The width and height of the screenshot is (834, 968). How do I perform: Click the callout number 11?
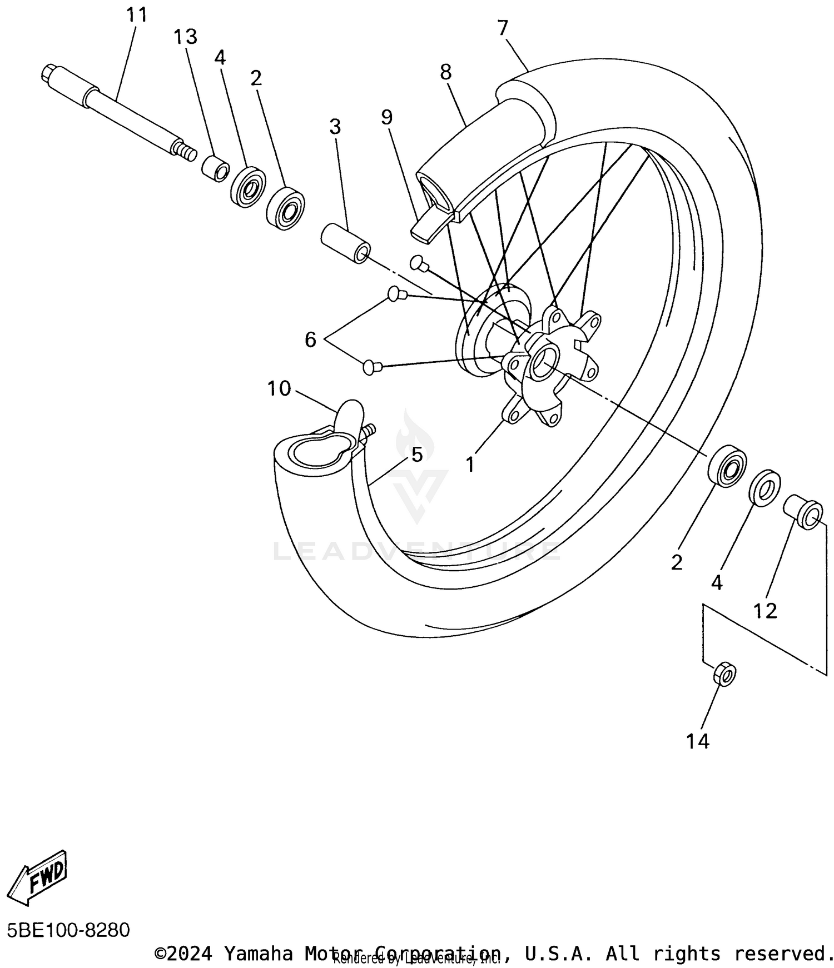click(136, 15)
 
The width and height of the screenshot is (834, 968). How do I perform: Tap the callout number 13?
click(185, 37)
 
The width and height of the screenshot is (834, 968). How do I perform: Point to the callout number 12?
click(765, 611)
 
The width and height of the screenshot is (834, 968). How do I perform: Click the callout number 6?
click(310, 339)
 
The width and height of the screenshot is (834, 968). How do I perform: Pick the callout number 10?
click(279, 388)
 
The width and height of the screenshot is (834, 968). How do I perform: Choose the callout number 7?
click(503, 28)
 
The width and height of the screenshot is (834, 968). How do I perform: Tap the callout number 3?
click(335, 127)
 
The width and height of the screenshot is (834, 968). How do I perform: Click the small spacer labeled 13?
click(215, 168)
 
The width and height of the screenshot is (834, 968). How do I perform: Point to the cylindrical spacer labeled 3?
click(345, 242)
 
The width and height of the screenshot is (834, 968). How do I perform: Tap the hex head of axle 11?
click(48, 74)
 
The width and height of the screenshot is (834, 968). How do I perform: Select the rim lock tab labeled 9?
click(427, 227)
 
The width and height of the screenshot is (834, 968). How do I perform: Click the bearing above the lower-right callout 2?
click(727, 466)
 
